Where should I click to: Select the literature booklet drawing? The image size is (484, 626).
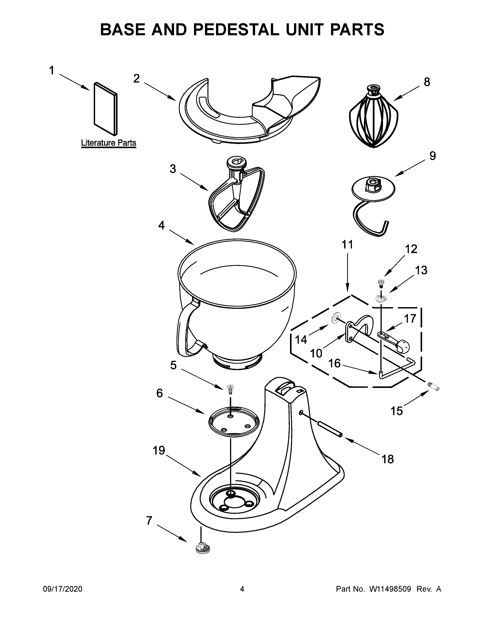tap(105, 109)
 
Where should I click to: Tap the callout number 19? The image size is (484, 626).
tap(158, 451)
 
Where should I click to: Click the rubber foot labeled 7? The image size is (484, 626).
tap(202, 549)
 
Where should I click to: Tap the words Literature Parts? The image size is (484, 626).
tap(109, 142)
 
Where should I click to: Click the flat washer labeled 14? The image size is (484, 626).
tap(335, 318)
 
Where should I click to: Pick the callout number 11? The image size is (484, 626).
tap(347, 245)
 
